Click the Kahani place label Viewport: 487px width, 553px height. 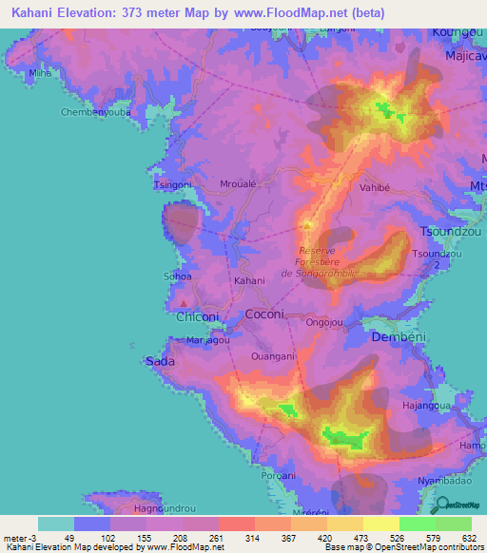click(249, 281)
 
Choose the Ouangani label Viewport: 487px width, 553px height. click(272, 356)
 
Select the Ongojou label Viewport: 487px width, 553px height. click(325, 322)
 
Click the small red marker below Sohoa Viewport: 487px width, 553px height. click(183, 303)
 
